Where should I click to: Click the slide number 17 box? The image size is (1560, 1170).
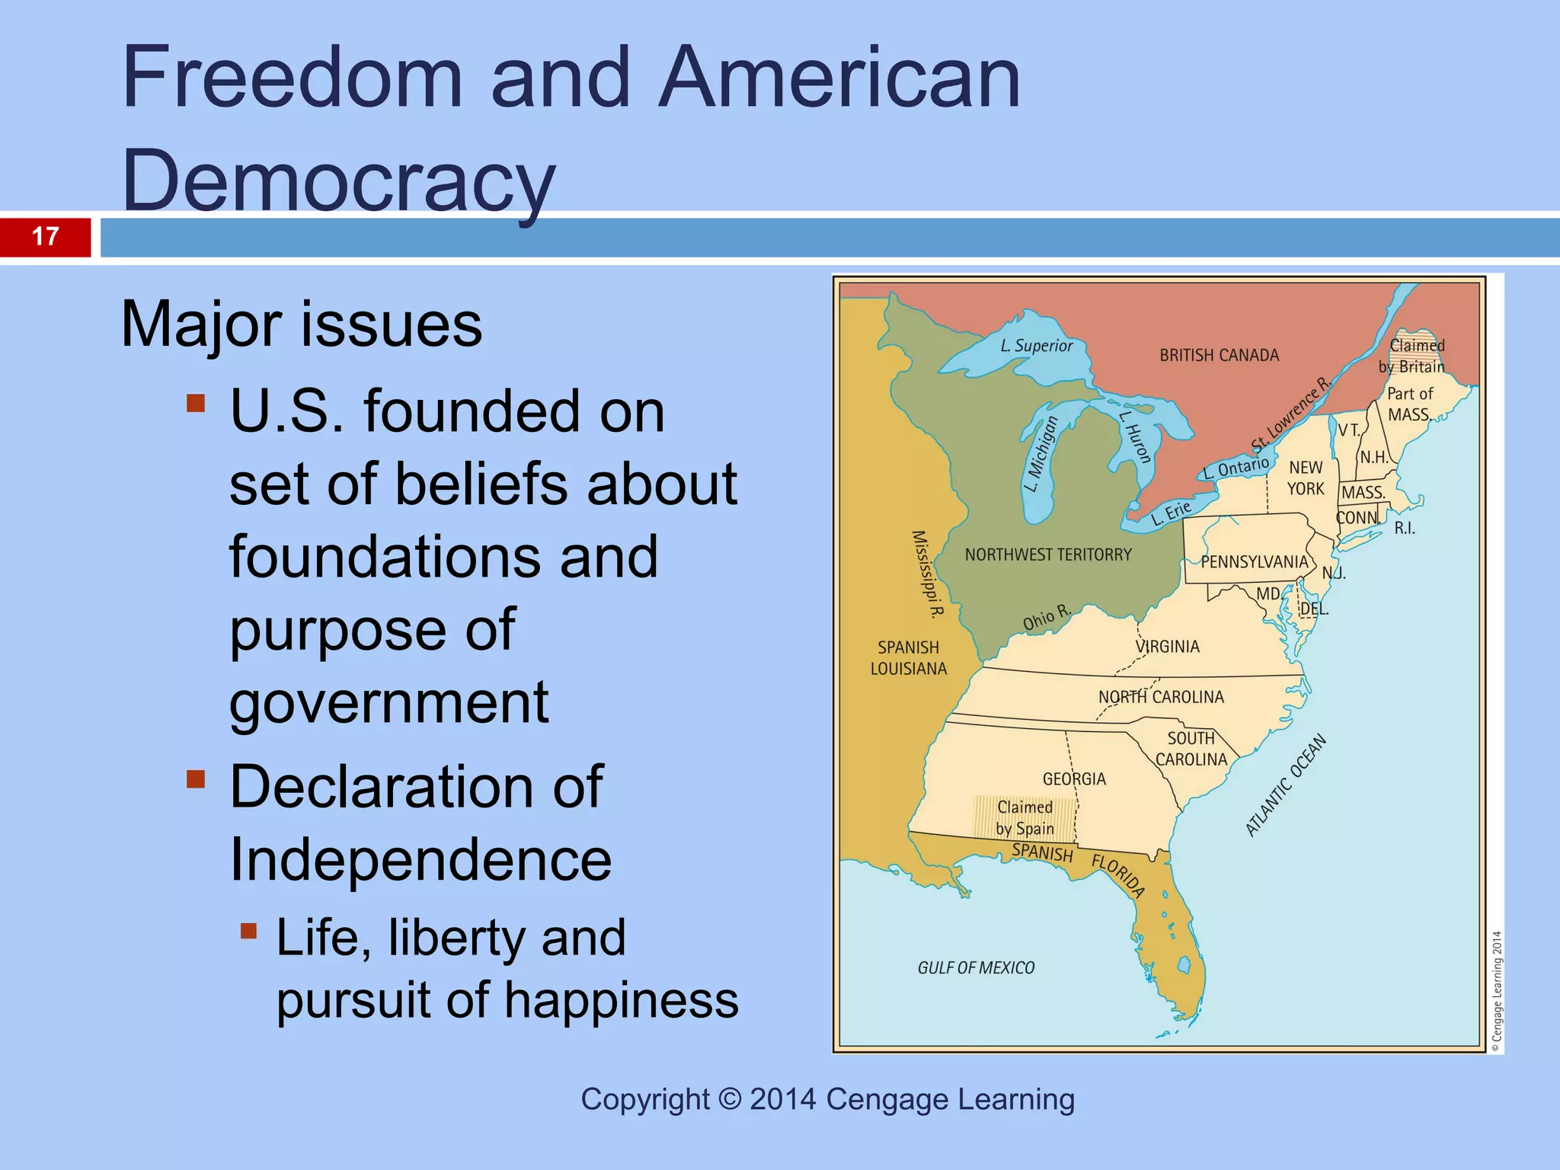pos(46,237)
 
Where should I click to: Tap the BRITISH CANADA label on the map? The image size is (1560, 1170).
pos(1219,356)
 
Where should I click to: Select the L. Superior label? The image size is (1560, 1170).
pos(1036,346)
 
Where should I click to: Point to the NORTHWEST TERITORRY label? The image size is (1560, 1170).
pos(1048,555)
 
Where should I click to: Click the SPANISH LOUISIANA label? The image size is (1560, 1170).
pos(908,658)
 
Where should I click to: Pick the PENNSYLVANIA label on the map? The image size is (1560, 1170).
pos(1254,562)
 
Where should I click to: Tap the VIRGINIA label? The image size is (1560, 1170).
pos(1167,647)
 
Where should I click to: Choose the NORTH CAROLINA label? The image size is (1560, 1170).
pos(1161,697)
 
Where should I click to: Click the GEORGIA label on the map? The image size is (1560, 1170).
pos(1074,778)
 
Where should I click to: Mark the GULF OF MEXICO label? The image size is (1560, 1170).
pos(976,968)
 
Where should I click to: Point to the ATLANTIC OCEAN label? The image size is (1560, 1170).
pos(1286,785)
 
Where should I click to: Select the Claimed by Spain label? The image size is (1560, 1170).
pos(1025,818)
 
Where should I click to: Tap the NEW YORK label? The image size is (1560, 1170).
pos(1306,478)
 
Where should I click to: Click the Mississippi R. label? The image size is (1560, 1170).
pos(928,574)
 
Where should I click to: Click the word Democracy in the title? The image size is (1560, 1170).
pos(338,181)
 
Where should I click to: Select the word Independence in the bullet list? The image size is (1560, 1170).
pos(420,859)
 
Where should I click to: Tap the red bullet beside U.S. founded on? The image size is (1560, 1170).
pos(196,403)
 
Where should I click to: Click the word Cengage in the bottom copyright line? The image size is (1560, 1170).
pos(875,1099)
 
